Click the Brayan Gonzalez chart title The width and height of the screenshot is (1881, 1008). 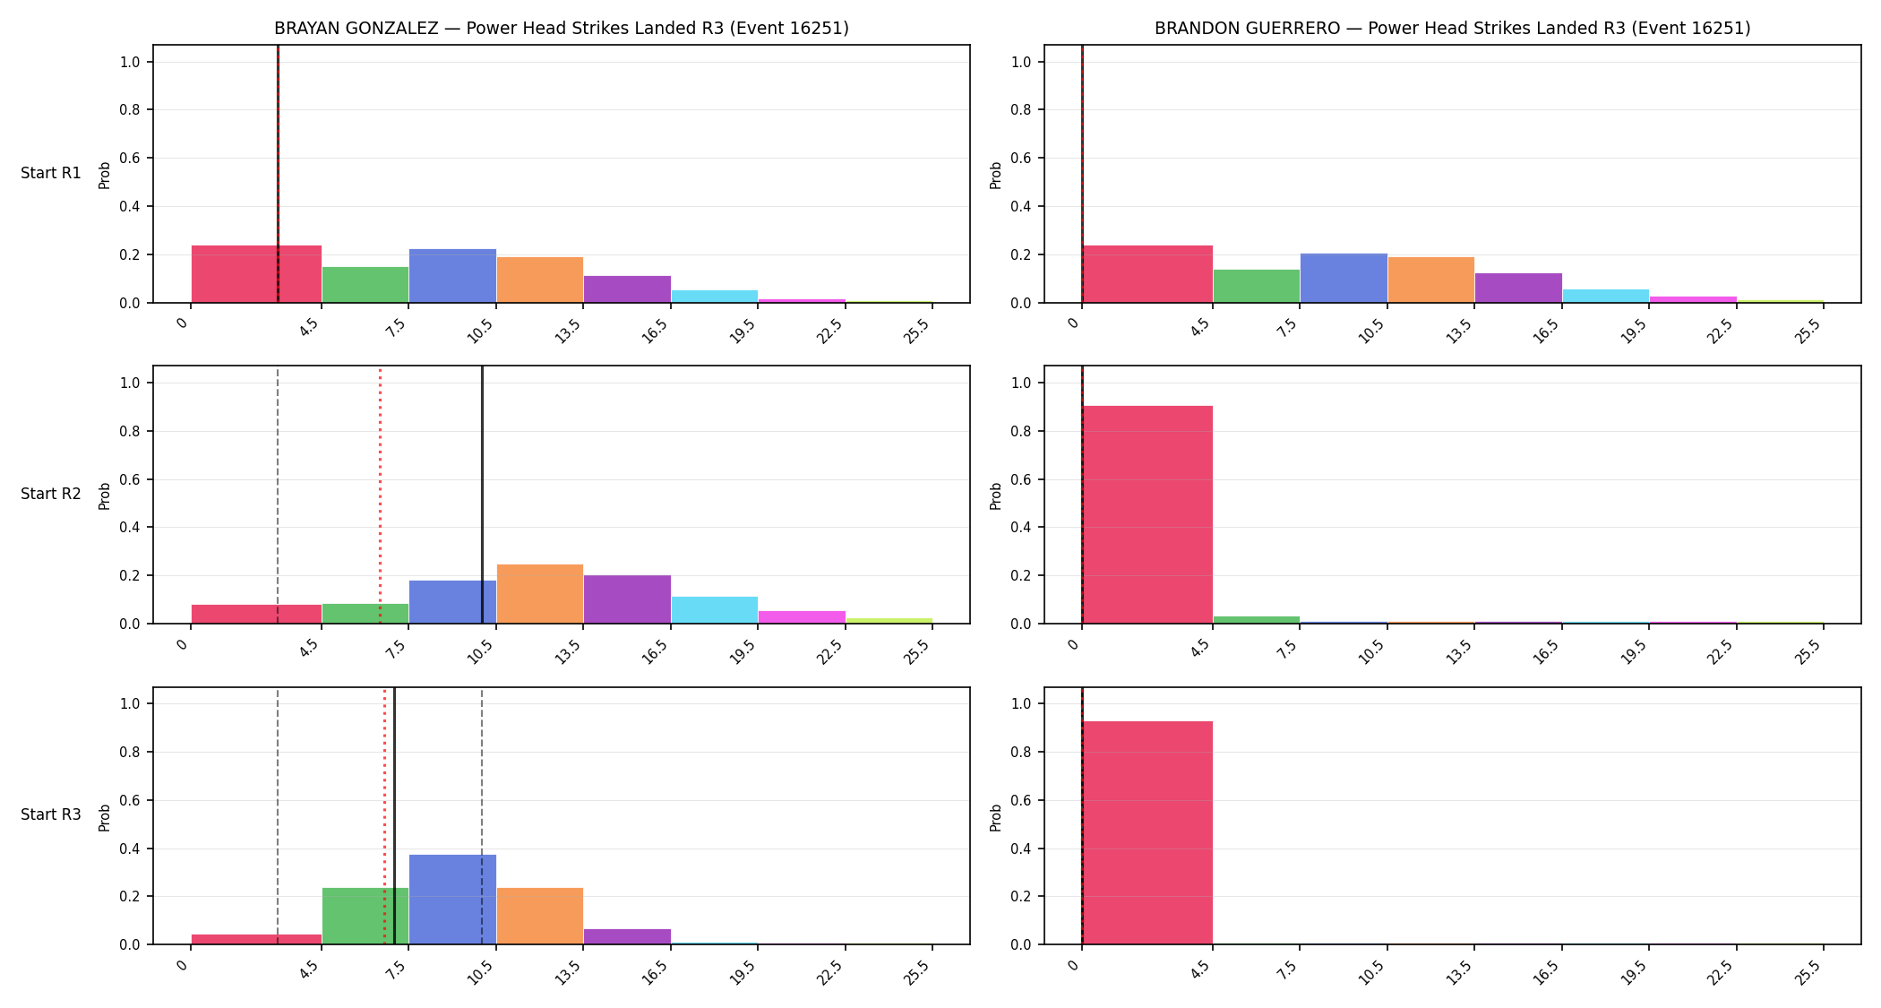pos(562,28)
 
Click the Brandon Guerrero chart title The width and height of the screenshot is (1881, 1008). pos(1452,28)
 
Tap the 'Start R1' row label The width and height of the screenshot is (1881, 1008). pos(51,173)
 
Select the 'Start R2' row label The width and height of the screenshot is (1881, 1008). pos(51,494)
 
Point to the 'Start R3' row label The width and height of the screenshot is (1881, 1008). pos(51,814)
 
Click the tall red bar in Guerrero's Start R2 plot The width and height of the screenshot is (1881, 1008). pos(1147,514)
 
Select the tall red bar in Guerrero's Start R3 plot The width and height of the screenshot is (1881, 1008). pos(1147,832)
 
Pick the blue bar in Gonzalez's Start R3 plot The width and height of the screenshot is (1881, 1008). pos(452,900)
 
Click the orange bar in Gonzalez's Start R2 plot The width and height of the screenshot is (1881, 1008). pos(540,594)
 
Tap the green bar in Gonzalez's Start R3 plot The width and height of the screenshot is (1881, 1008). pos(365,916)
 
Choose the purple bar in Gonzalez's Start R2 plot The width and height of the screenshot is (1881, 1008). pos(627,599)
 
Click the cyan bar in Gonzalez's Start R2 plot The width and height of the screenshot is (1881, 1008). pos(715,610)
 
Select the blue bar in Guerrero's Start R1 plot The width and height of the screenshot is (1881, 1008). pos(1344,278)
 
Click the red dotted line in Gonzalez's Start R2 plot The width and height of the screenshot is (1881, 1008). pos(380,495)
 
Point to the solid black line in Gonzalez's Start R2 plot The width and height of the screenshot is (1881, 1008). pos(482,495)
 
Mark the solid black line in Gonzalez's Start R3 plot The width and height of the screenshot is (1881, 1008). pos(394,816)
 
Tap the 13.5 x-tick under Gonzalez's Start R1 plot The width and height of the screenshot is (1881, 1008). pos(569,331)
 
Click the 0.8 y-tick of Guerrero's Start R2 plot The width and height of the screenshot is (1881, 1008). pos(1021,431)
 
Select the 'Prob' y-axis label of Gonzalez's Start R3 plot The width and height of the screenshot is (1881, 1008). pos(105,817)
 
